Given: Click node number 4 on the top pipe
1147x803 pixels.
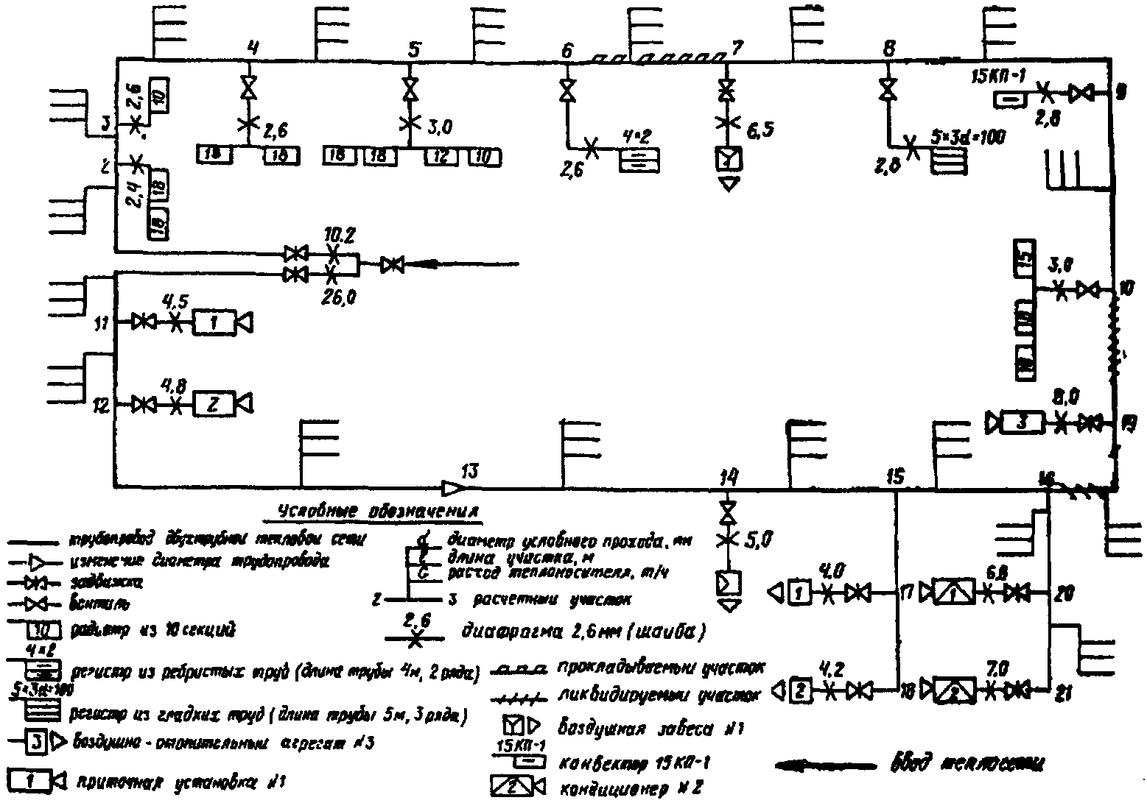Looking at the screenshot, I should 253,49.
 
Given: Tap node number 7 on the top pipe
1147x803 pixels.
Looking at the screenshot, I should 734,49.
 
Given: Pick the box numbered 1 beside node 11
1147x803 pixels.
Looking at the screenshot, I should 212,322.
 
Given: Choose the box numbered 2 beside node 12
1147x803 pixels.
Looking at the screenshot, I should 212,404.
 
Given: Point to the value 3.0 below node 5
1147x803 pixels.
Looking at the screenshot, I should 439,127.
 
